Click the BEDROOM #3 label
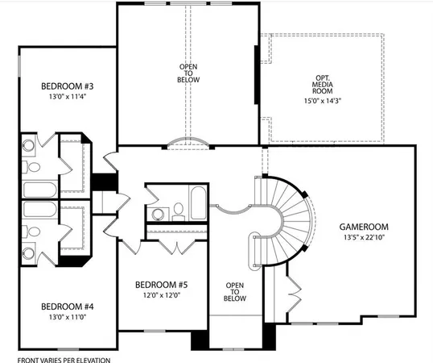(68, 86)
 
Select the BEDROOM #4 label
(68, 307)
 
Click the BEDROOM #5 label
(161, 284)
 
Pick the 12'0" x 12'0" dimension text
(161, 295)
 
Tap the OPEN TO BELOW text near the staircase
(234, 291)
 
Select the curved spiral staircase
(290, 218)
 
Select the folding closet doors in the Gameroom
(294, 286)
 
